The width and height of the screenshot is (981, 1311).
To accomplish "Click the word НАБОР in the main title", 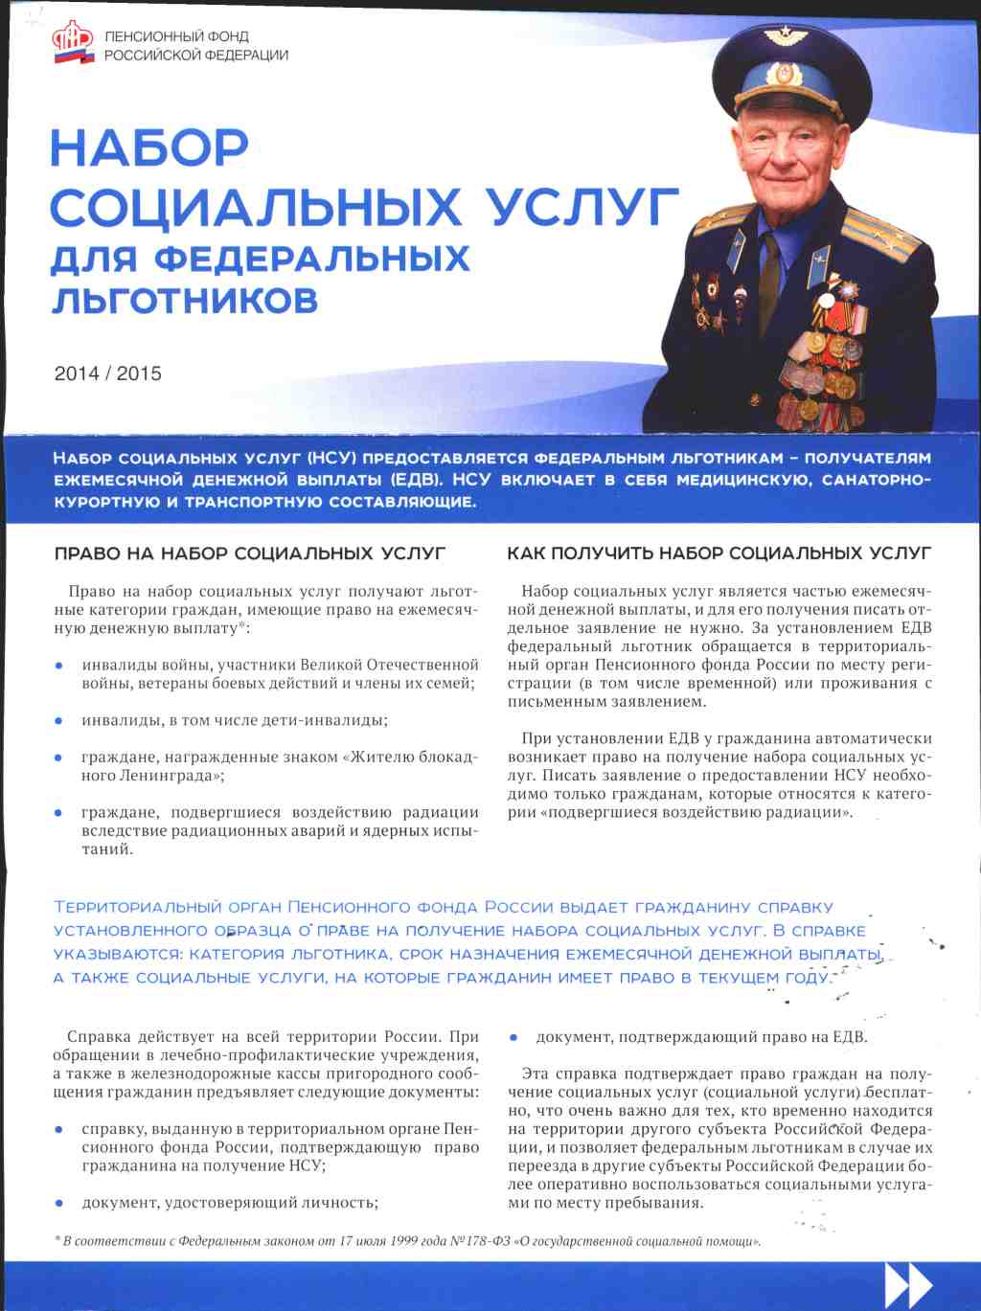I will click(x=149, y=148).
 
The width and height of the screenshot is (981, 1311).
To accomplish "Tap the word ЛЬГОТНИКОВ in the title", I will click(x=184, y=300).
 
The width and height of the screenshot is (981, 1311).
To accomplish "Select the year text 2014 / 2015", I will click(x=107, y=373).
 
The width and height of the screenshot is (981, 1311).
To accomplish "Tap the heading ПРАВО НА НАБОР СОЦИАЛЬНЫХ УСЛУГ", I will click(x=250, y=554).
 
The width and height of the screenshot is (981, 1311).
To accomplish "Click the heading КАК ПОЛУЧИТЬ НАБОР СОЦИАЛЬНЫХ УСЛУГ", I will click(x=719, y=554).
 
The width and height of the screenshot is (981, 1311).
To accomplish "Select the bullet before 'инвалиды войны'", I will click(x=59, y=665).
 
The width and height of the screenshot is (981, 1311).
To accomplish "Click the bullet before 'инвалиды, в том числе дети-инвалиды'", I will click(x=59, y=720).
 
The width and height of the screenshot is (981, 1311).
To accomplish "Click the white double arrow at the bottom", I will click(x=907, y=1285).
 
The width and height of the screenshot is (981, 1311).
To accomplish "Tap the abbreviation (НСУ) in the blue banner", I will click(x=331, y=458).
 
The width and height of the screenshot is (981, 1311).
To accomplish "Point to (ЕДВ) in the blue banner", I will click(x=414, y=480).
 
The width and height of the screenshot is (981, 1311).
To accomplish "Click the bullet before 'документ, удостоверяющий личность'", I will click(x=59, y=1203).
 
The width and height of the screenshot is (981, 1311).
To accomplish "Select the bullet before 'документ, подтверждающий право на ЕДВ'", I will click(x=513, y=1037).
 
